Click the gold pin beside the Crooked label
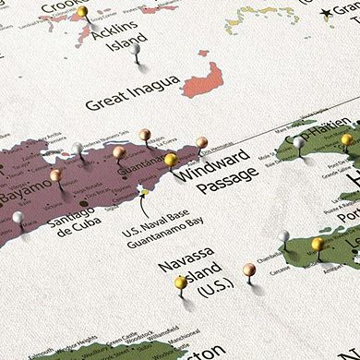pos(82,12)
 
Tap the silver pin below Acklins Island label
pos(136,48)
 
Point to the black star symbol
pos(326,13)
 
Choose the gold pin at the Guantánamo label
pos(170,160)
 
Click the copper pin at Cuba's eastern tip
pos(201,143)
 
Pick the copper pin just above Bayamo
pos(55,174)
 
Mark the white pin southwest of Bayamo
pos(18,218)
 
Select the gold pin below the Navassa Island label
pos(181,282)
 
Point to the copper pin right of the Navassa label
pos(248,270)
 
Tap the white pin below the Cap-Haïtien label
pos(298,143)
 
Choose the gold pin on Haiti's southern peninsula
pos(317,245)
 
